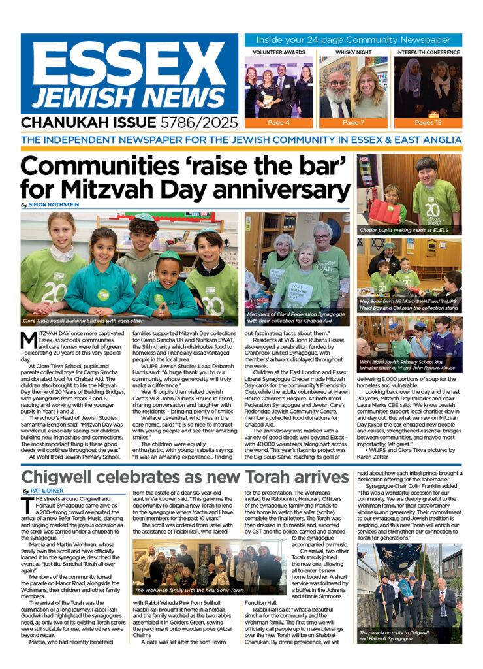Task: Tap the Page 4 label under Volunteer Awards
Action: point(275,122)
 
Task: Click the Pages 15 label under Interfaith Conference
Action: point(428,122)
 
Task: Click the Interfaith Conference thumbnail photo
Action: point(428,86)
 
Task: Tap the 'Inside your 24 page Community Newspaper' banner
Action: point(353,40)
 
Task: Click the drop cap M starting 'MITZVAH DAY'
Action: point(28,340)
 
